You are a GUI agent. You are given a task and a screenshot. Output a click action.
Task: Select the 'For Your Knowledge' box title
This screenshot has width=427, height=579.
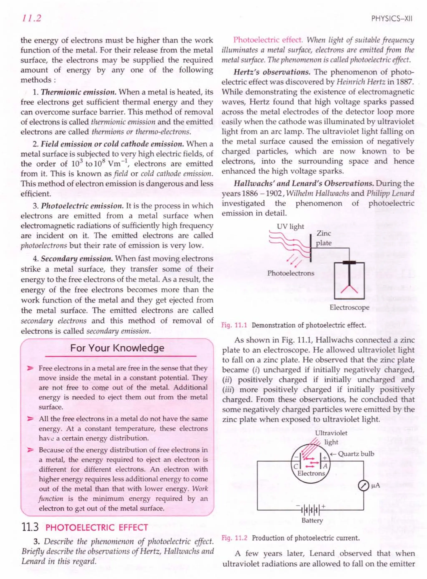[x=117, y=348]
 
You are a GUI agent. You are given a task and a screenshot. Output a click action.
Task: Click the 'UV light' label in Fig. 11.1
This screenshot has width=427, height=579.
[x=290, y=227]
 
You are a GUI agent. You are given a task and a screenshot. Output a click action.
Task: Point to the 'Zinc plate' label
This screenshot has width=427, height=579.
[x=324, y=238]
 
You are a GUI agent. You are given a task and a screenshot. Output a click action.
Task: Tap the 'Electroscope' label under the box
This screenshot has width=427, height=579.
[x=349, y=308]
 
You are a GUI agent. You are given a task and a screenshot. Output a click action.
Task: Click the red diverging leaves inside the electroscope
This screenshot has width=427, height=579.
[x=349, y=289]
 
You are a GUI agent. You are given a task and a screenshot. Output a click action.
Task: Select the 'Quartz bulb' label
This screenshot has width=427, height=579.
[x=356, y=454]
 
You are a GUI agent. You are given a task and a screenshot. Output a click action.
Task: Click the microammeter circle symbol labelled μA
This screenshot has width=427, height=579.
[x=363, y=486]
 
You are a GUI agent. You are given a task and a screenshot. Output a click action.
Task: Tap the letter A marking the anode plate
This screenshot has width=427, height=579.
[x=325, y=466]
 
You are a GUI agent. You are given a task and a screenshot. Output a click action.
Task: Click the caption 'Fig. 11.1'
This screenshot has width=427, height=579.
[x=234, y=325]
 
